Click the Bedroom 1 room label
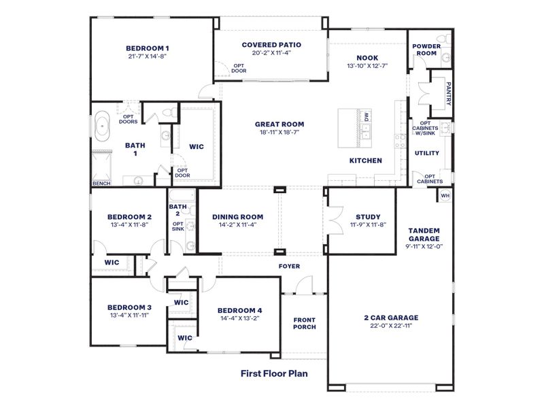tap(147, 48)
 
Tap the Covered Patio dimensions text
tap(271, 54)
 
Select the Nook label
tap(367, 58)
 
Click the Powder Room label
tap(426, 50)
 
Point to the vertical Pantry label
tap(448, 90)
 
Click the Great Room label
tap(279, 124)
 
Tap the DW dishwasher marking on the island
tap(367, 116)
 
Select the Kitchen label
tap(366, 161)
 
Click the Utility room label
tap(427, 153)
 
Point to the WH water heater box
tap(445, 196)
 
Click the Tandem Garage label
tap(424, 235)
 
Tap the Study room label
tap(368, 216)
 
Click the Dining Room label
tap(237, 216)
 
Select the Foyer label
tap(289, 266)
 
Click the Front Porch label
tap(304, 323)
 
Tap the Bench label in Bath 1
tap(101, 184)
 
